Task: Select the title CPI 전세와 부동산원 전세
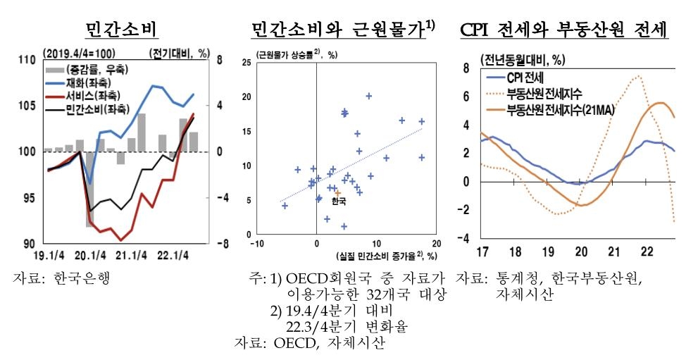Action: click(563, 30)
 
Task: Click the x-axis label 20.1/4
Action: click(91, 255)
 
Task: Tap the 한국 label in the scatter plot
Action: click(339, 201)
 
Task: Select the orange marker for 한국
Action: click(338, 192)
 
